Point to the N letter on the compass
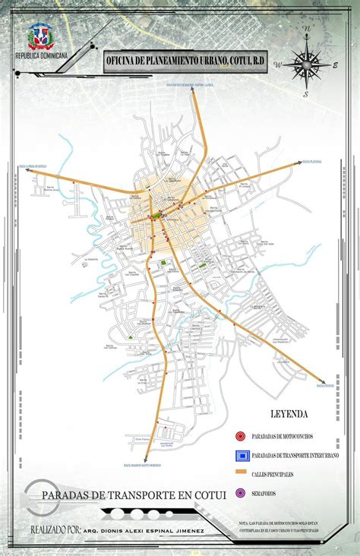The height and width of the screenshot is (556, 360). [307, 28]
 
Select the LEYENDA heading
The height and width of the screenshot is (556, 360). [289, 415]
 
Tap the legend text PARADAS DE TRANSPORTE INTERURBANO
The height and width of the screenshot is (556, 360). [294, 455]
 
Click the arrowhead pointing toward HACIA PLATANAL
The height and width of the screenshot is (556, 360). [296, 163]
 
